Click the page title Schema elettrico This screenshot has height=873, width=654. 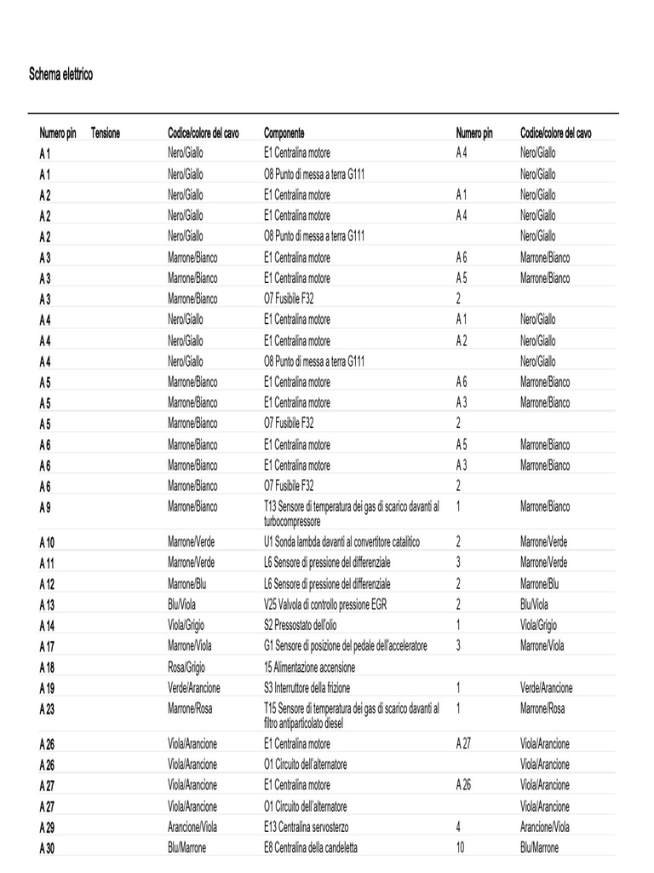tap(61, 75)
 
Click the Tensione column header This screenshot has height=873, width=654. tap(106, 133)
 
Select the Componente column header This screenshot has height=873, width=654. tap(284, 133)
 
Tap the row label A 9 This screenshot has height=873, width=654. tap(45, 507)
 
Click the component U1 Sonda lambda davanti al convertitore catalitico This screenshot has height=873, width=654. tap(341, 542)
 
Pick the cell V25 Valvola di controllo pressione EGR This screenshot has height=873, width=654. tap(330, 604)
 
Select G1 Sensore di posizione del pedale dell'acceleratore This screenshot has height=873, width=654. tap(346, 645)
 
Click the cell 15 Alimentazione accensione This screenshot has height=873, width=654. tap(309, 667)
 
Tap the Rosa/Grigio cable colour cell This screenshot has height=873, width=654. tap(186, 667)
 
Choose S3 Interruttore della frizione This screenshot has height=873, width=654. tap(307, 687)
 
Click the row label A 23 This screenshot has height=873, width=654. tap(47, 708)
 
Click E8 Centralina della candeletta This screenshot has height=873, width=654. tap(311, 847)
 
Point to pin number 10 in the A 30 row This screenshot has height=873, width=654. tap(461, 847)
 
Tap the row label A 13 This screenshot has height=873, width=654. tap(47, 604)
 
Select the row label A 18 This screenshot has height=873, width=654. tap(47, 667)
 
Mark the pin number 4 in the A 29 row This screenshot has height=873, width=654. tap(458, 826)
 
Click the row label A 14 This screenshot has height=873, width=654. tap(47, 625)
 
